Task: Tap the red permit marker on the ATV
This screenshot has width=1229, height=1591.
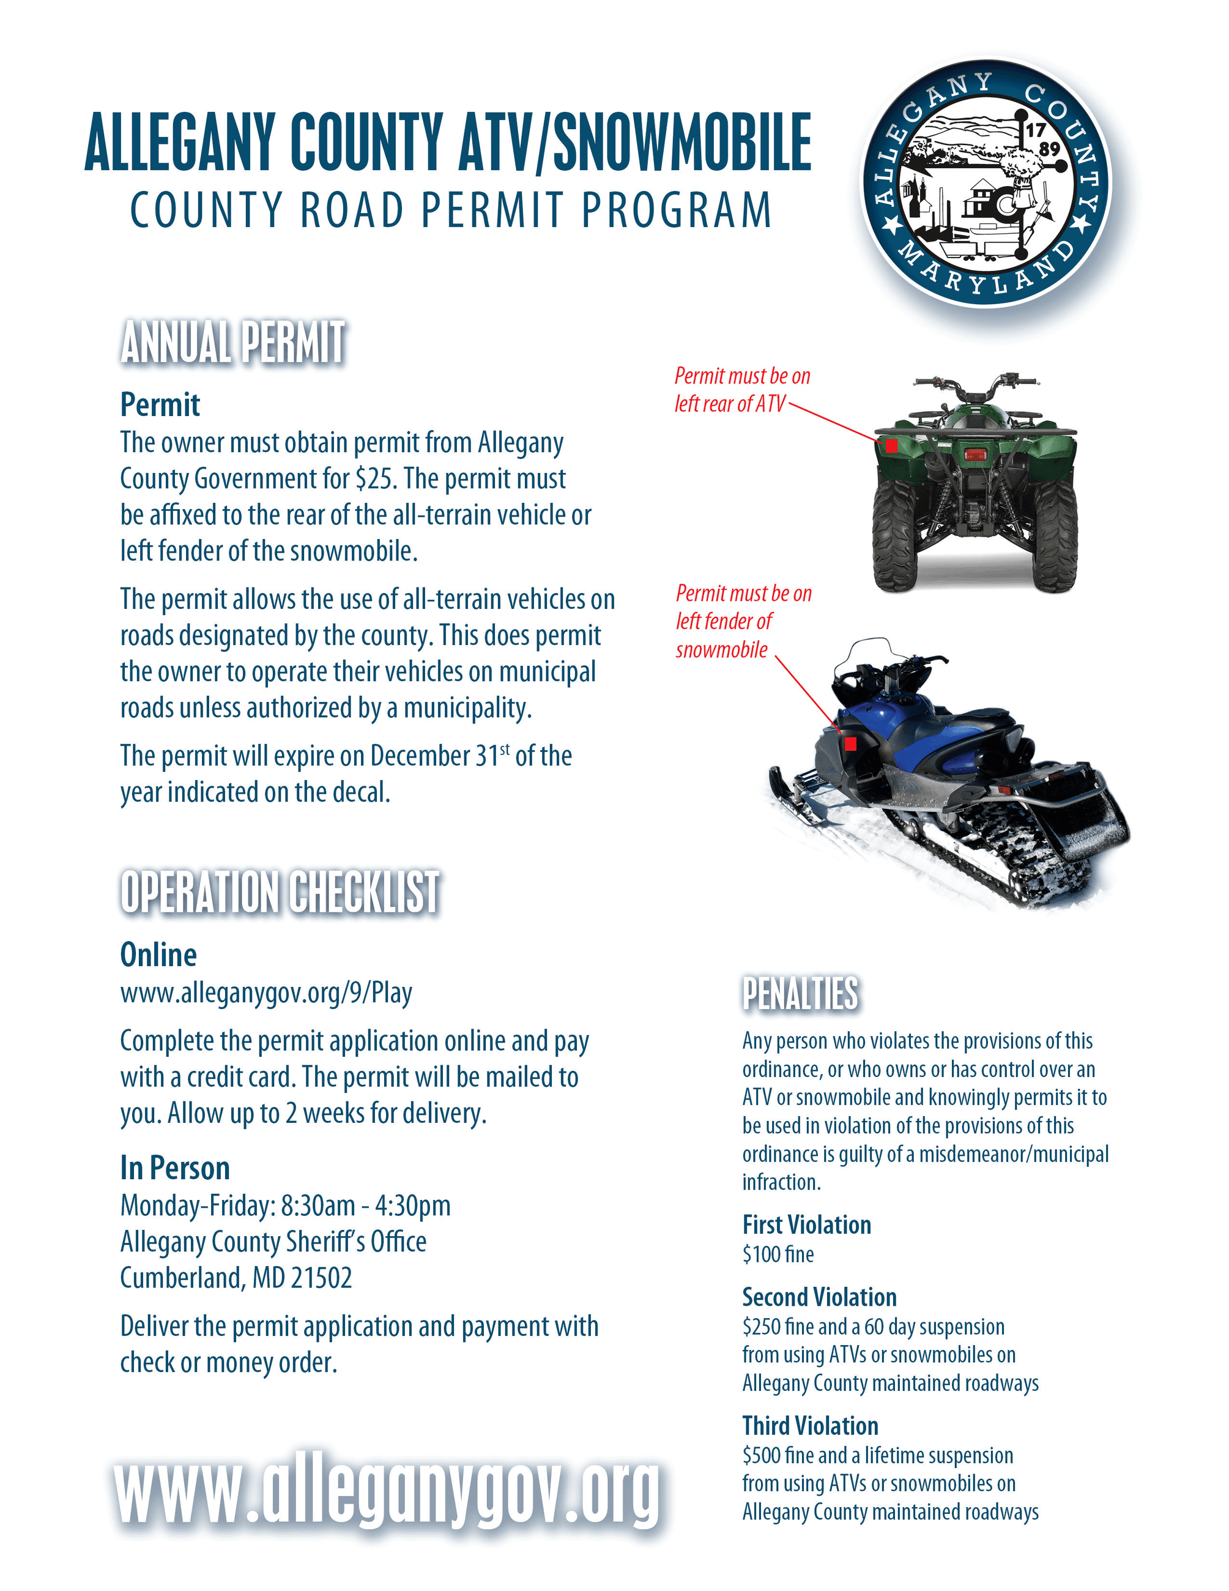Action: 891,445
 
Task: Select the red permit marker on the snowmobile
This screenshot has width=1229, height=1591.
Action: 850,743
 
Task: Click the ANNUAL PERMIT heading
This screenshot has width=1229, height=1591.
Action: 233,343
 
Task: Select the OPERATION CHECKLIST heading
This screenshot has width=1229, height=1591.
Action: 280,892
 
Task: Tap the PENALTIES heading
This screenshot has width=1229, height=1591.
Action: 800,994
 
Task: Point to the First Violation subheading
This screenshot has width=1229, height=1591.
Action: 807,1224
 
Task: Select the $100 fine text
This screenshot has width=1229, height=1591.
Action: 778,1254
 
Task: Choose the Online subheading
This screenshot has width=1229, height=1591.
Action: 158,955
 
